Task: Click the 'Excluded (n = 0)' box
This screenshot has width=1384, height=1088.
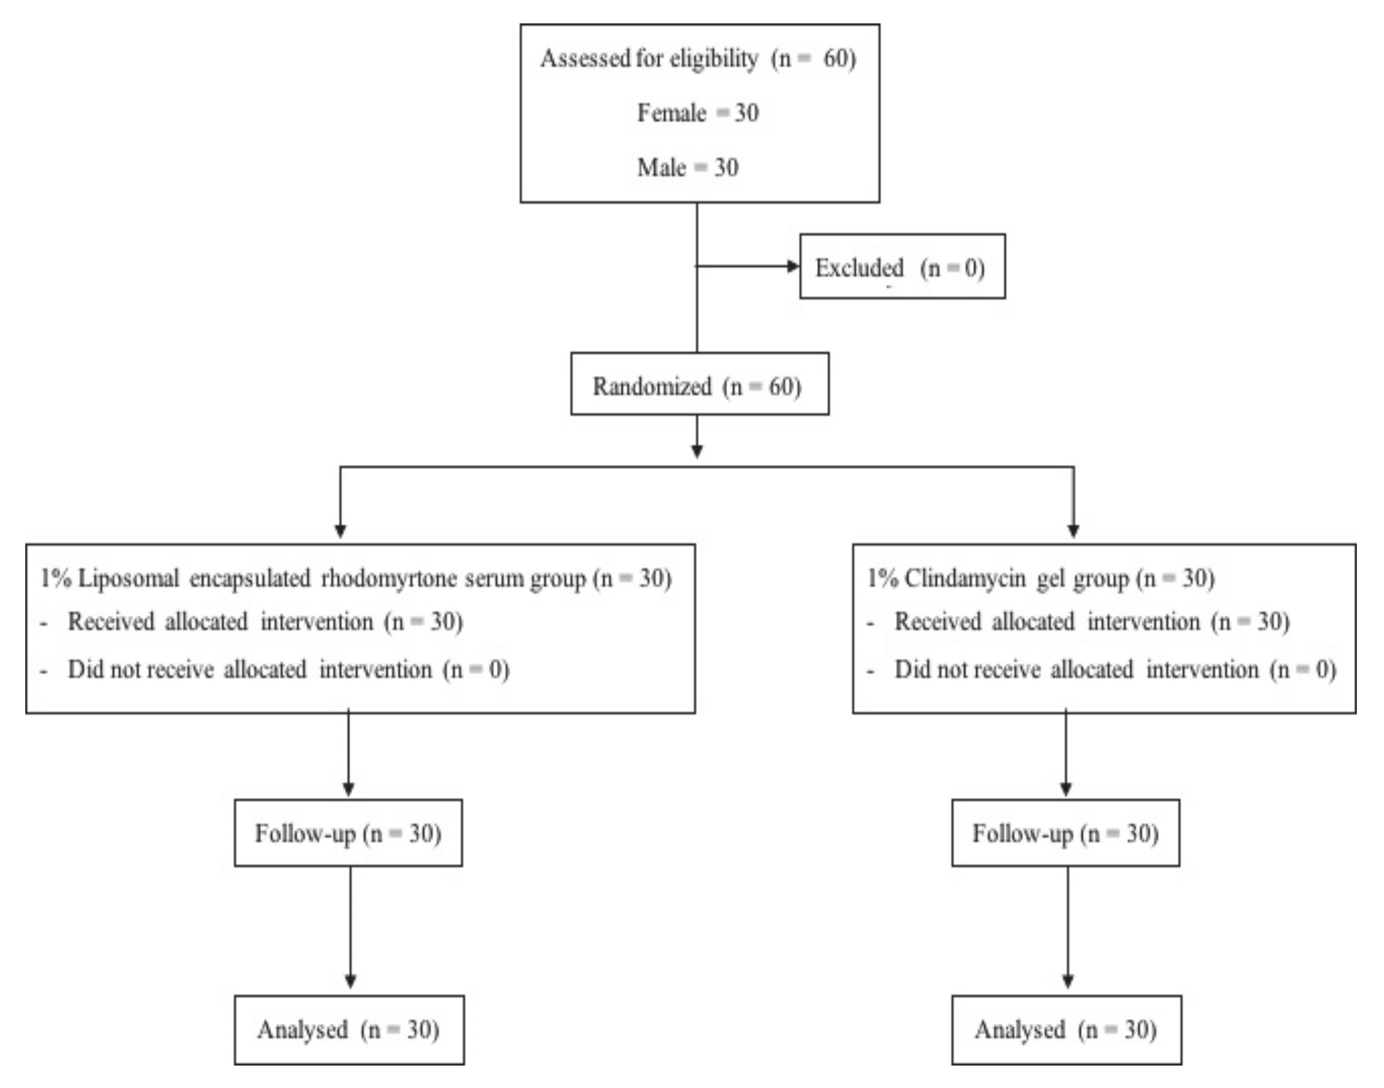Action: [902, 266]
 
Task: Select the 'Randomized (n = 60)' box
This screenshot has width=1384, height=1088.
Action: [699, 384]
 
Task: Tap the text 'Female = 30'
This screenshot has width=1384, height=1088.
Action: [698, 113]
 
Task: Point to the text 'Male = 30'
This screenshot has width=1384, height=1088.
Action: [688, 168]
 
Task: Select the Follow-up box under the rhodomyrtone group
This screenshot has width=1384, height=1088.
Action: [348, 833]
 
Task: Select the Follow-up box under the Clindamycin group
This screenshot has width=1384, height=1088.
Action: [1065, 833]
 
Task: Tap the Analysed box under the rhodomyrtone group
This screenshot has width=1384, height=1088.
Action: [349, 1030]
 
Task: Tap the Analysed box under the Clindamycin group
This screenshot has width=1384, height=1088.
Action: [1066, 1030]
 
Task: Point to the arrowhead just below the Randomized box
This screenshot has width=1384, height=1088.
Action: [696, 451]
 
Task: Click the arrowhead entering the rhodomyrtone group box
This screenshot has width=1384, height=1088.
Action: [340, 531]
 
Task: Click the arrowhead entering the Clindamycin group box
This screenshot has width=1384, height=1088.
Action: [1073, 531]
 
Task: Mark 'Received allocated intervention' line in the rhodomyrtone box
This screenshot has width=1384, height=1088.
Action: [265, 622]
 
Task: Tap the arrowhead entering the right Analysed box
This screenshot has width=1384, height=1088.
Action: [1068, 981]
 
